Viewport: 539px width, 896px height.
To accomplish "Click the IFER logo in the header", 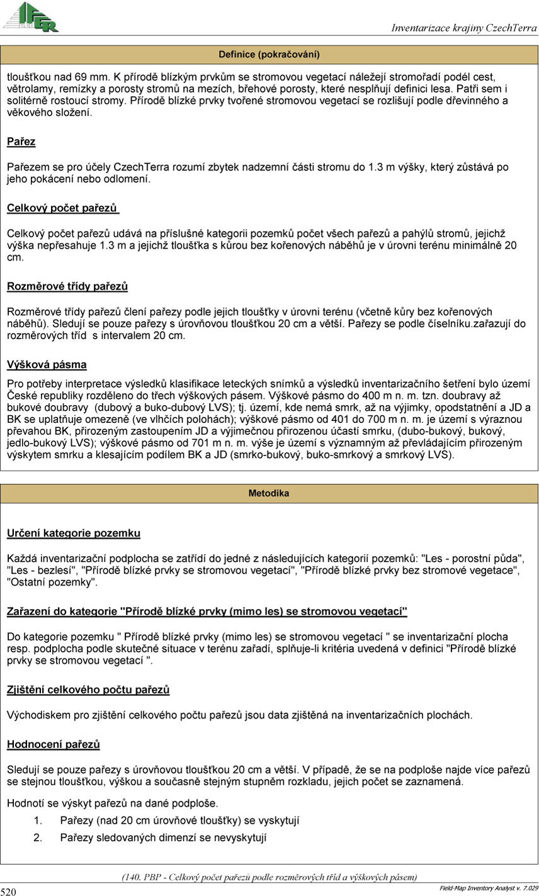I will (x=31, y=17).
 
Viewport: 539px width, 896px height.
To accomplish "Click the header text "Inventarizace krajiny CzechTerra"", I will (x=463, y=28).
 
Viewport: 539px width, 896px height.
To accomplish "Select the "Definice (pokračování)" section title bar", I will (x=269, y=54).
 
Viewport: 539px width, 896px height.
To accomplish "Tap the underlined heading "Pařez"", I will (x=21, y=142).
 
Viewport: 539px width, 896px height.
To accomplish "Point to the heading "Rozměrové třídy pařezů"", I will (x=67, y=287).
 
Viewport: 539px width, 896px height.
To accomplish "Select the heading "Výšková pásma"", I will (x=47, y=365).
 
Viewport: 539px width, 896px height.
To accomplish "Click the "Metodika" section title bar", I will (x=269, y=493).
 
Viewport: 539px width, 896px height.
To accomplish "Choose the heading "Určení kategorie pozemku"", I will (x=73, y=534).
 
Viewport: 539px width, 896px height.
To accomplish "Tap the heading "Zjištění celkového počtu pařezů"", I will (x=88, y=690).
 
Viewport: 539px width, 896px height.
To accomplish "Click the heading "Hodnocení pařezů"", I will (x=53, y=744).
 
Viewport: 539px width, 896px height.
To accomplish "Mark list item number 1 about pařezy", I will (x=179, y=820).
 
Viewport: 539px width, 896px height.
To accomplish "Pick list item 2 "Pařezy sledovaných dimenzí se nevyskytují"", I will (x=163, y=837).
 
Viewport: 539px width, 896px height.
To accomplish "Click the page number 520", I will (x=8, y=891).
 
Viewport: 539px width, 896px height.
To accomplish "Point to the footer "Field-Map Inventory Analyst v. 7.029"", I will (x=488, y=887).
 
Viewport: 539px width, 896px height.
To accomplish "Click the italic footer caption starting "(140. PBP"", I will (x=269, y=876).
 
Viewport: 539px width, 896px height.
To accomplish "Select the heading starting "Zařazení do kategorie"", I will (x=207, y=612).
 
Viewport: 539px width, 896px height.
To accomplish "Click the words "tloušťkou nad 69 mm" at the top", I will (x=56, y=76).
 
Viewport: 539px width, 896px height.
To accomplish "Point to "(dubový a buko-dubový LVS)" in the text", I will (x=169, y=406).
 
